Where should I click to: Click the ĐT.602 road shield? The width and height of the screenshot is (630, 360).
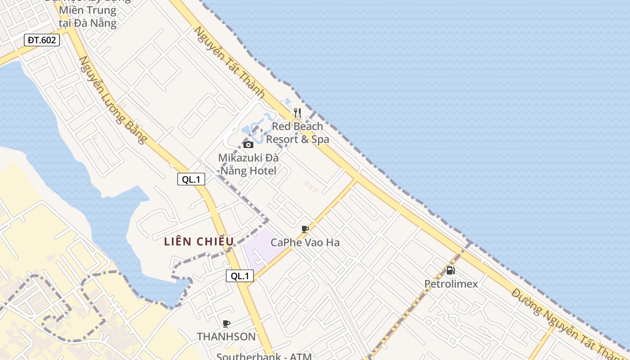click(x=42, y=40)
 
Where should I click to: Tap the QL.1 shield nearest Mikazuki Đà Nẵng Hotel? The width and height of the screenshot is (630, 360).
click(x=191, y=179)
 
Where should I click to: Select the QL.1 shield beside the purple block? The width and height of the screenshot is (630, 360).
click(x=240, y=276)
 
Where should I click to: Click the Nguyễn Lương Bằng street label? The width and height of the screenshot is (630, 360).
click(x=113, y=100)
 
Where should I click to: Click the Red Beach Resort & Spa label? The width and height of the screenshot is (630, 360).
click(x=297, y=133)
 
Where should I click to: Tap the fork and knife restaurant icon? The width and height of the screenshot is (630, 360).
click(x=297, y=112)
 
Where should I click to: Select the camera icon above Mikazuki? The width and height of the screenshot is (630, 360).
click(x=248, y=144)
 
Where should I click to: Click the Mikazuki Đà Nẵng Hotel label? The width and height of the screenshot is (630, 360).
click(x=248, y=164)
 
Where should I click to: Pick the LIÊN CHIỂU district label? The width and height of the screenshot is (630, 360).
click(x=199, y=242)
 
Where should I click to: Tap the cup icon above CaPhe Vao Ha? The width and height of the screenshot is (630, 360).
click(x=305, y=229)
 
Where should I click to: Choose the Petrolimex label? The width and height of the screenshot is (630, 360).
click(x=451, y=284)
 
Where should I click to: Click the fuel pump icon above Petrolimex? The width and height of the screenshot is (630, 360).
click(x=450, y=270)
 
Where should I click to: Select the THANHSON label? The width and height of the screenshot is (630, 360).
click(x=226, y=337)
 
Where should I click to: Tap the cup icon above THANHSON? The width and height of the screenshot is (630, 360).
click(x=226, y=324)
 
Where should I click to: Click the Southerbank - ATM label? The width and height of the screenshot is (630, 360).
click(x=264, y=356)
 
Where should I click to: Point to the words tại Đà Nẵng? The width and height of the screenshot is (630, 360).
click(x=88, y=23)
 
